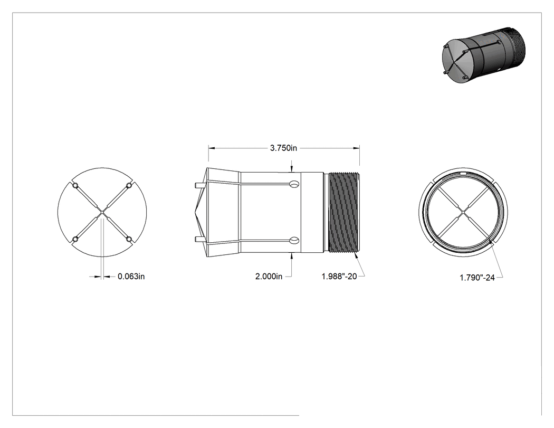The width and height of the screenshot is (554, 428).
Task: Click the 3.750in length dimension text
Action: click(283, 148)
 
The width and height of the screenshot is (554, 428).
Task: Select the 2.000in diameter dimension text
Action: click(269, 277)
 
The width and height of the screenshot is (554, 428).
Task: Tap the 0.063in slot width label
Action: click(131, 277)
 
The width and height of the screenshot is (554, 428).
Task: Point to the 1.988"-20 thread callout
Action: click(339, 277)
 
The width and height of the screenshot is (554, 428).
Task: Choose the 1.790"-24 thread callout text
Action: click(477, 278)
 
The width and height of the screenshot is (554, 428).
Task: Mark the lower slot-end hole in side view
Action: click(294, 241)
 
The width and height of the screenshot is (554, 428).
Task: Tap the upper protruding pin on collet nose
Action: click(199, 185)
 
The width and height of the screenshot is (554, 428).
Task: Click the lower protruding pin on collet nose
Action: click(199, 239)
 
